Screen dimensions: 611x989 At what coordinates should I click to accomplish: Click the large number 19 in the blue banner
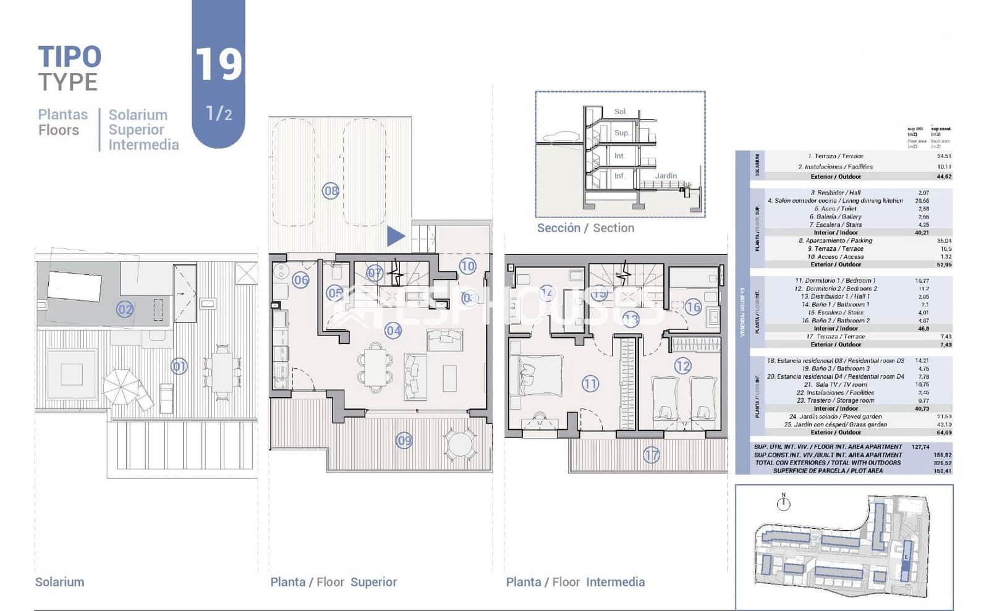pos(218,64)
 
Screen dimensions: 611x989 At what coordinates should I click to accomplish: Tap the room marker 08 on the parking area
pos(331,191)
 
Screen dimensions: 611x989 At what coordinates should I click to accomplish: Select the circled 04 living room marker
pos(393,331)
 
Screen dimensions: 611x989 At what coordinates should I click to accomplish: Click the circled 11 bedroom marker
pos(590,384)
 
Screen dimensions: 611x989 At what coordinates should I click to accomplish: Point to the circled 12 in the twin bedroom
pos(682,366)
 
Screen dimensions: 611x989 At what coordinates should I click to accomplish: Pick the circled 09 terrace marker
pos(404,440)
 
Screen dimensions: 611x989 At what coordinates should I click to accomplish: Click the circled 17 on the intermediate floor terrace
pos(652,455)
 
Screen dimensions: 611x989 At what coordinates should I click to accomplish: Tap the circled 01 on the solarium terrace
pos(179,366)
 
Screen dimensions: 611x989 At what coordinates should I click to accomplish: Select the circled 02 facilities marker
pos(125,309)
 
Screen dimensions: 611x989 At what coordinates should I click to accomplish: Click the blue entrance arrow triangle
pos(395,236)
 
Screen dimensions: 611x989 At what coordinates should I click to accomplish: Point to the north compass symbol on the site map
pos(783,503)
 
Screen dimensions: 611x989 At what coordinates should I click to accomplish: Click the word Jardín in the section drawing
pos(666,176)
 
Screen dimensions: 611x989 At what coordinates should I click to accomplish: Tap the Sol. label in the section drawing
pos(621,112)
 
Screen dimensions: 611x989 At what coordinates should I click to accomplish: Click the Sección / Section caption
pos(585,228)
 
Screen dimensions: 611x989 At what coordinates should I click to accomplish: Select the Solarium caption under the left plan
pos(59,582)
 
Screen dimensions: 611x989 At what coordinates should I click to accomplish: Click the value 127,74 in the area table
pos(920,447)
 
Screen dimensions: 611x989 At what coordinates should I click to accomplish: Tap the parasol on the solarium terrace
pos(122,386)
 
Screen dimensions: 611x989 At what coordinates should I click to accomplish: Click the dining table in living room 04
pos(374,368)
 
